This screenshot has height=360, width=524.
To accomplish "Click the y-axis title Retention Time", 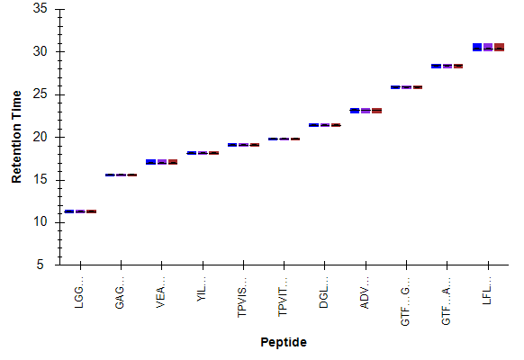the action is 16,137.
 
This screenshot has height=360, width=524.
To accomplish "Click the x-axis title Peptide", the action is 284,342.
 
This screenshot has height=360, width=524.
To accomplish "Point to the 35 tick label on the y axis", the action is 41,9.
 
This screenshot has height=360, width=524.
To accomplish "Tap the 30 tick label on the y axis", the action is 41,51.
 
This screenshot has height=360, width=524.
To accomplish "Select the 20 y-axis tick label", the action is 41,137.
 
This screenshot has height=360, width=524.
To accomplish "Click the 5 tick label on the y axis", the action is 41,265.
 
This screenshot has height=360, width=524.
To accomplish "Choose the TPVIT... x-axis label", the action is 283,297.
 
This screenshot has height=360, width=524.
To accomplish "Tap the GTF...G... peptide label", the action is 405,301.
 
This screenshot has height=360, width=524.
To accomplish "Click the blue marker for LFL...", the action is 477,47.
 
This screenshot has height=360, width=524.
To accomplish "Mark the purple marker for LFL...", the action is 488,47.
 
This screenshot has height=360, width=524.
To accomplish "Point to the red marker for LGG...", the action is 92,211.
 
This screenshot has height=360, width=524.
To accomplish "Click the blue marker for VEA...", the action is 151,162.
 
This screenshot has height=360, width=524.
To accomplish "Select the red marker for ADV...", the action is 377,111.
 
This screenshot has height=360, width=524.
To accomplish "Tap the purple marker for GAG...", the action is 121,175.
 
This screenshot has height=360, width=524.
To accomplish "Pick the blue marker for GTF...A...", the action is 436,66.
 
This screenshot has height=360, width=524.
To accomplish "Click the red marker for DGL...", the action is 336,125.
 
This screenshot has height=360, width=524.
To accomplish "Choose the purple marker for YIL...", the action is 203,153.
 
